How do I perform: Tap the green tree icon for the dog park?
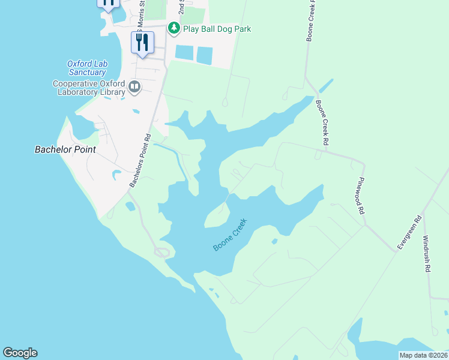coord(174,28)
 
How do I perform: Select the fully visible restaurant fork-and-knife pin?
coord(142,42)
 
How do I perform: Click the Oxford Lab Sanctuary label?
coord(86,68)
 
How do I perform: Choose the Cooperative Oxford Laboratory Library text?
coord(88,88)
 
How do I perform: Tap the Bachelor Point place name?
coord(65,149)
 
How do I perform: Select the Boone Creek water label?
coord(231,239)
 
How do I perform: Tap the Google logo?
coord(20,353)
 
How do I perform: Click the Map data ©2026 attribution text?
coord(423,355)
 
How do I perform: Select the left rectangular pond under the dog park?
coord(184,53)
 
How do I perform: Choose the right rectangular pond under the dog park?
coord(205,56)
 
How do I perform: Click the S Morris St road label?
coord(142,12)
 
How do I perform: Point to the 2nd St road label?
coord(181,7)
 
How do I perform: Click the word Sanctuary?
coord(86,72)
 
